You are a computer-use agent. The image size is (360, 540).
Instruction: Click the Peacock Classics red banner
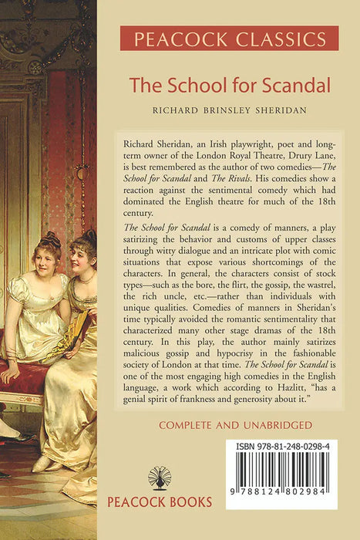tap(229, 38)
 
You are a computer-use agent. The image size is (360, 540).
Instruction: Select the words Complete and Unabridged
tap(229, 425)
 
